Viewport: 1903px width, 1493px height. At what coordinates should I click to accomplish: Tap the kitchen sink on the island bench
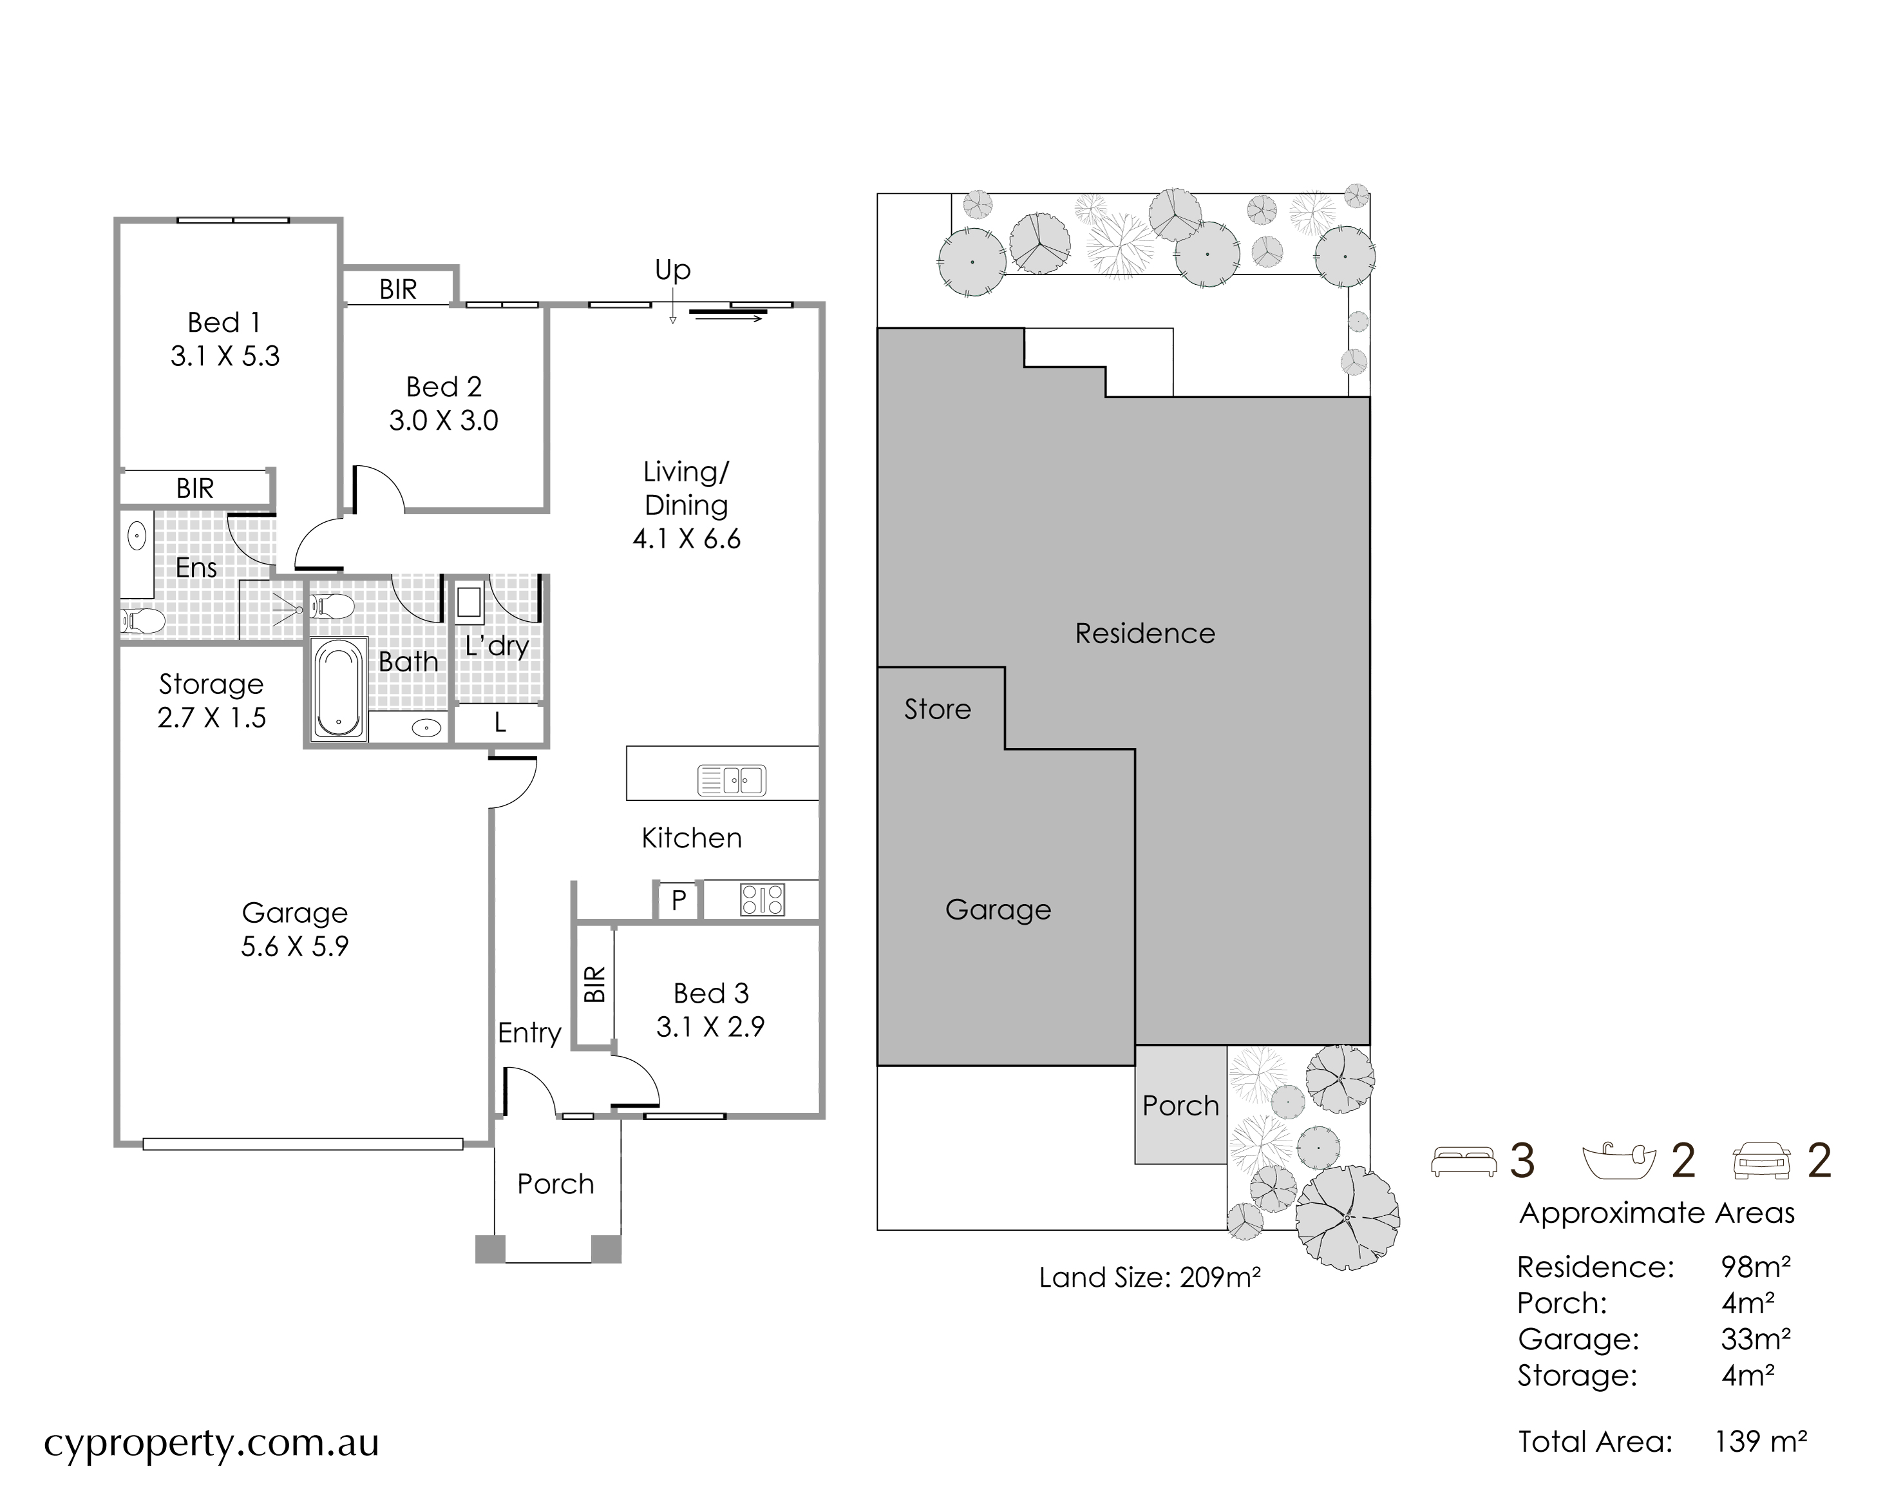coord(732,780)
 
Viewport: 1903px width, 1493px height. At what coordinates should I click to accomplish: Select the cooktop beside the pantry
coord(762,900)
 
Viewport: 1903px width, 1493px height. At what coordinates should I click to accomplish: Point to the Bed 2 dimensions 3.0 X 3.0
coord(444,421)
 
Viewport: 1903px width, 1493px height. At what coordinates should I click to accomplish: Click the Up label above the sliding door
coord(673,270)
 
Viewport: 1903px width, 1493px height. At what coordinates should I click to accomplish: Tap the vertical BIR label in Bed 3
coord(594,984)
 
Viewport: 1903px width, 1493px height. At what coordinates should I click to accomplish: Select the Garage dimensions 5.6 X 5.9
coord(296,946)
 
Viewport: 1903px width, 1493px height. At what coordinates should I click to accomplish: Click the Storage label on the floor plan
coord(211,684)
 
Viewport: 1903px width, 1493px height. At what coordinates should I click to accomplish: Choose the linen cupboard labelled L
coord(500,723)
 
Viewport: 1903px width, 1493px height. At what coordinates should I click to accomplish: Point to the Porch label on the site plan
coord(1180,1106)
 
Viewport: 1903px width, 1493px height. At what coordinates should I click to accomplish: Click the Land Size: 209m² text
coord(1150,1277)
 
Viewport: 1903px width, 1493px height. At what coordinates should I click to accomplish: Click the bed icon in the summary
coord(1464,1162)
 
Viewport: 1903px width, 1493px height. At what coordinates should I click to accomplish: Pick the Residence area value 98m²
coord(1756,1267)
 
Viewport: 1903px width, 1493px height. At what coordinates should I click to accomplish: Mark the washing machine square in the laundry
coord(469,602)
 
